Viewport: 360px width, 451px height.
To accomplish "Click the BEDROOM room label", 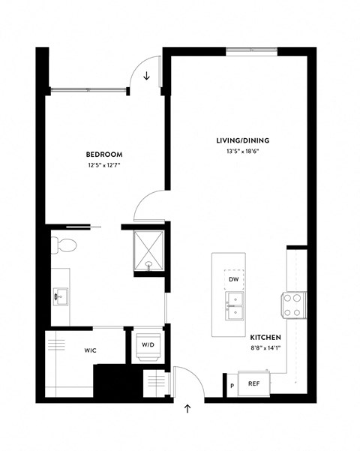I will click(104, 155).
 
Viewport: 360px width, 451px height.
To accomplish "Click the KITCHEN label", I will click(265, 337).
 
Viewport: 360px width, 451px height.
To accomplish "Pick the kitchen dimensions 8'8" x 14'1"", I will click(265, 347).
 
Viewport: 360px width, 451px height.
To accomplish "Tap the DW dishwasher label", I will click(233, 279).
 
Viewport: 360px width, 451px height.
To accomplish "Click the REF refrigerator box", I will click(253, 383).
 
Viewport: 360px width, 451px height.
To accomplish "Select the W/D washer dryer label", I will click(148, 344).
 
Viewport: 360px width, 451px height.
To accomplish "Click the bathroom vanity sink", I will click(60, 296).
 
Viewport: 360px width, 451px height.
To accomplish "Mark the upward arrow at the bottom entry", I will click(187, 409).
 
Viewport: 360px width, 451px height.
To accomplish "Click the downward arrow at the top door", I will click(147, 75).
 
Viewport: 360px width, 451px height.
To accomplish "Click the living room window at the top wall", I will click(252, 52).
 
